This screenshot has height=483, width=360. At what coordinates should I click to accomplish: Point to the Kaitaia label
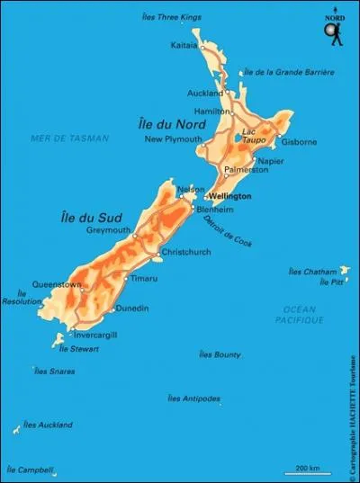click(x=184, y=43)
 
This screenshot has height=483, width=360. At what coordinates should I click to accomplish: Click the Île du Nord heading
click(x=189, y=123)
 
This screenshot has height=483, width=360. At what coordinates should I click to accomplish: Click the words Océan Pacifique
click(x=293, y=314)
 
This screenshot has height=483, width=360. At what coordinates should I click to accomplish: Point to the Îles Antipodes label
click(x=194, y=398)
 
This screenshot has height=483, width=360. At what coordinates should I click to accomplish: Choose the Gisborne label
click(x=298, y=142)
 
